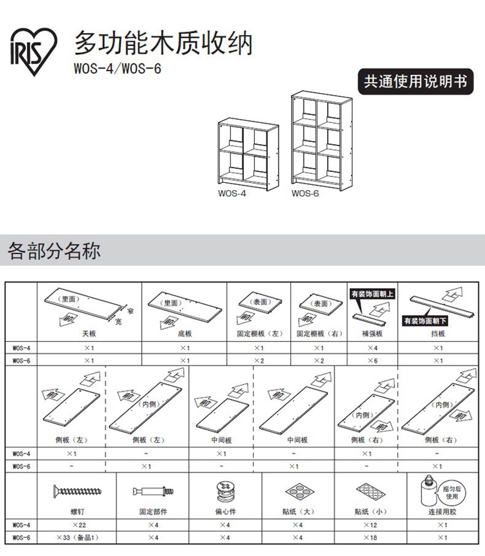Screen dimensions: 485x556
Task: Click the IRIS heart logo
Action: pyautogui.click(x=34, y=52)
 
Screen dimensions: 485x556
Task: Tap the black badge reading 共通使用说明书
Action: pyautogui.click(x=415, y=81)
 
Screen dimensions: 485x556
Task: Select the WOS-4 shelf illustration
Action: pyautogui.click(x=248, y=155)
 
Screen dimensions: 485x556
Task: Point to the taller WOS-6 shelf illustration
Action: pyautogui.click(x=322, y=141)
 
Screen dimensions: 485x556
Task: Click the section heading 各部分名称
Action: pyautogui.click(x=54, y=251)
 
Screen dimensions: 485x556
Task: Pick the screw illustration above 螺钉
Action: pyautogui.click(x=78, y=491)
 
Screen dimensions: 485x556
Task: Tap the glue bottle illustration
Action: pyautogui.click(x=429, y=491)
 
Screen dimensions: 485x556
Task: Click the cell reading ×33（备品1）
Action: pyautogui.click(x=78, y=537)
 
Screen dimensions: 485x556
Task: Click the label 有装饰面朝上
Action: pyautogui.click(x=372, y=294)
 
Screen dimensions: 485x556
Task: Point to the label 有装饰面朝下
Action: pyautogui.click(x=425, y=321)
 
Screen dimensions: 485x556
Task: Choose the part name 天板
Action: pyautogui.click(x=89, y=334)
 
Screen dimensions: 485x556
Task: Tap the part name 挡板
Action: pyautogui.click(x=438, y=334)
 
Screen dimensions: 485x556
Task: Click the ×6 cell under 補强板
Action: pyautogui.click(x=372, y=361)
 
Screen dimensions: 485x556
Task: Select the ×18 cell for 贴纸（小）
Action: pyautogui.click(x=371, y=537)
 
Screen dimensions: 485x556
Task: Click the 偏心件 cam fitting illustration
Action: pyautogui.click(x=225, y=491)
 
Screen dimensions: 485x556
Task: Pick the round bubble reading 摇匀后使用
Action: pyautogui.click(x=452, y=493)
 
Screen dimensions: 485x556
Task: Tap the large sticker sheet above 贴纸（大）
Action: pyautogui.click(x=300, y=491)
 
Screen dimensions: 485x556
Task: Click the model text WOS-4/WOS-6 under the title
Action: pyautogui.click(x=118, y=68)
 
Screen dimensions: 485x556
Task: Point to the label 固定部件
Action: pyautogui.click(x=153, y=511)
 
